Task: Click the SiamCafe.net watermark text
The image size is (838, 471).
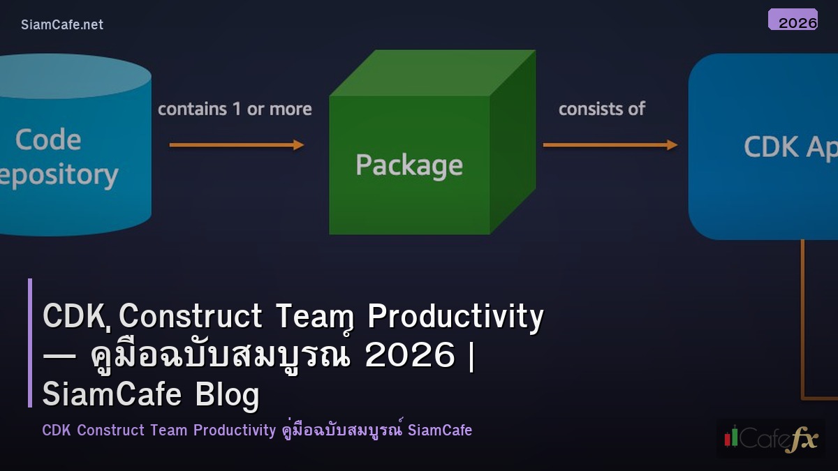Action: click(62, 24)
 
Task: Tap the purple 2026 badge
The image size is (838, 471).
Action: click(793, 20)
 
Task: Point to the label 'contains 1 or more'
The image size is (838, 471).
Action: click(235, 109)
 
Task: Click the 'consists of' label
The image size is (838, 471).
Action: click(601, 108)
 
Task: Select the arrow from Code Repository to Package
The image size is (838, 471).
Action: click(237, 145)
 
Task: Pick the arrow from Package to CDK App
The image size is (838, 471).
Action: click(610, 145)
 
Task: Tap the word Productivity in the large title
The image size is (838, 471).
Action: click(455, 317)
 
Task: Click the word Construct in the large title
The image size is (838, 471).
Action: click(191, 317)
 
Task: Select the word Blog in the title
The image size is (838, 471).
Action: click(227, 395)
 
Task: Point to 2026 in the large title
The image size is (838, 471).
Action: click(410, 356)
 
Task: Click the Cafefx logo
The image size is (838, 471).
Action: click(770, 438)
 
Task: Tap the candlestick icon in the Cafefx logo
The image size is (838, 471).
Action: click(732, 438)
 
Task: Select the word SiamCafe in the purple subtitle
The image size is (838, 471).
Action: click(440, 430)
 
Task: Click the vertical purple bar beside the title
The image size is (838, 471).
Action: click(30, 343)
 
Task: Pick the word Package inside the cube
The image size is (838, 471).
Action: click(409, 165)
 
